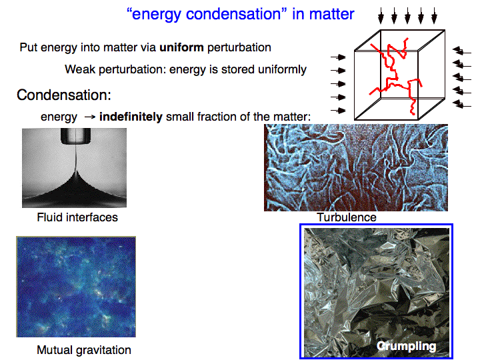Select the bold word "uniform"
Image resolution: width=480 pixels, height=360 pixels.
click(181, 47)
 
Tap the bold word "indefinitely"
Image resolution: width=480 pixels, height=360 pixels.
click(131, 117)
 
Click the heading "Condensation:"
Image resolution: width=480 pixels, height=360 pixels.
click(64, 95)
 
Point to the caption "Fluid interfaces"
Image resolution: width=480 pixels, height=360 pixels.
click(77, 217)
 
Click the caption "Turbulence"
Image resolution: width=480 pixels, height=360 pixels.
click(347, 217)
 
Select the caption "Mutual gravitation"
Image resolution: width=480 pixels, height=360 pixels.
click(84, 350)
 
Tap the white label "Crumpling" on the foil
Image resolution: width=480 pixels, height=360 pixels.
click(406, 346)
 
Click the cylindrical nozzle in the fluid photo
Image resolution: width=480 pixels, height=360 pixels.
click(75, 136)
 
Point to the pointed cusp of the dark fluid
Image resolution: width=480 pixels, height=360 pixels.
click(75, 171)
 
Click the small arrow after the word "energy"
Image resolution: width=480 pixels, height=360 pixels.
click(90, 117)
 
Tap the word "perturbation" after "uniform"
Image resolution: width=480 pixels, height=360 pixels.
click(239, 48)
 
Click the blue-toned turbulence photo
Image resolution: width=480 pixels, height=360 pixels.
click(356, 167)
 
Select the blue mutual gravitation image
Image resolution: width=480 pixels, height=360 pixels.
click(76, 287)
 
